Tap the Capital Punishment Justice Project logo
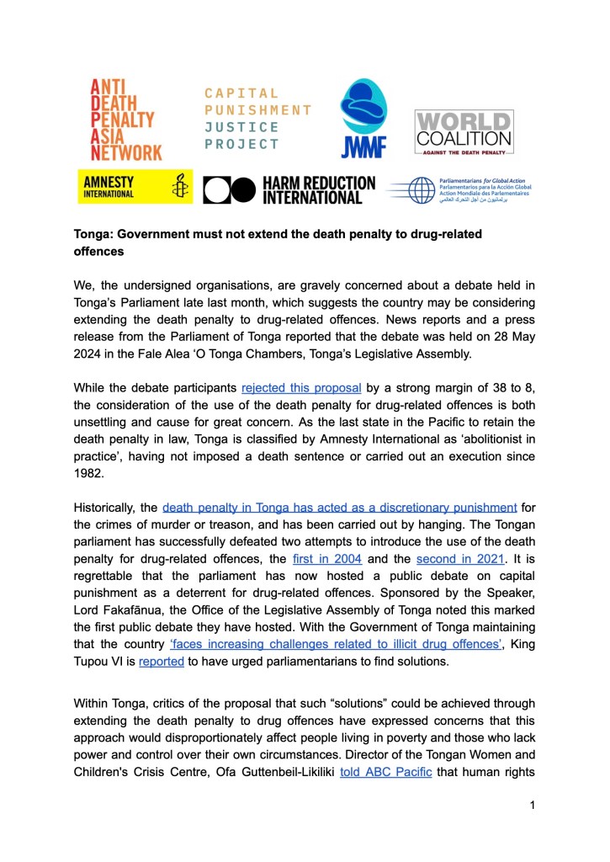pos(257,119)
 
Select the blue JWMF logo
pos(363,119)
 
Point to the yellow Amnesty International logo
pos(134,187)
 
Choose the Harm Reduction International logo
pos(290,189)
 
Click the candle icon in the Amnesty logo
pos(178,187)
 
